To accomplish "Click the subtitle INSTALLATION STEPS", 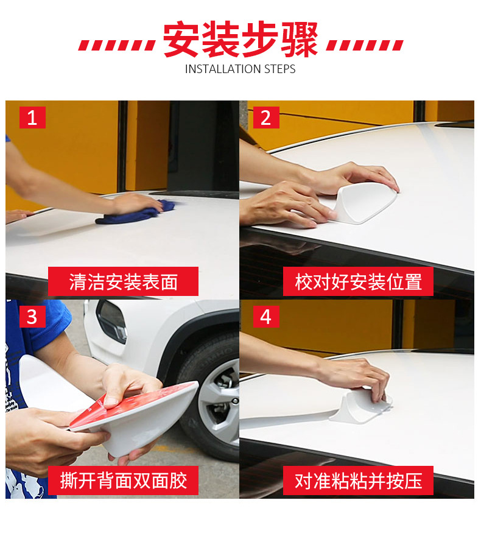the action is point(240,69).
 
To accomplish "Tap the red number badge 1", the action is point(32,118).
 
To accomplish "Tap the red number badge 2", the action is point(266,118).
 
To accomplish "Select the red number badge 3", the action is point(32,317).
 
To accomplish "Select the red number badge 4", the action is point(266,317).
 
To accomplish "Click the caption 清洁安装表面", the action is point(123,281).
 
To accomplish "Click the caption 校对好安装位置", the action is point(359,281).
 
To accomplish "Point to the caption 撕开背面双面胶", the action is point(124,480).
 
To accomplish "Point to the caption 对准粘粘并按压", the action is point(359,480).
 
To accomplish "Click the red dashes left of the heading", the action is point(117,45).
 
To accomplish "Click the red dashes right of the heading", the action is point(365,45).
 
